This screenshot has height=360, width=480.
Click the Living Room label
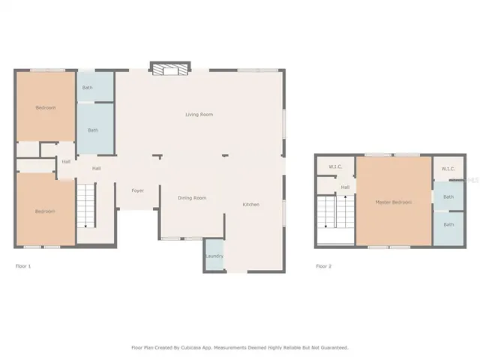tap(199, 115)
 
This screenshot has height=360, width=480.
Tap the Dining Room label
tap(192, 198)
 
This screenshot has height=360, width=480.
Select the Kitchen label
tap(250, 205)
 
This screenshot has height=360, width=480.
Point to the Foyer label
tap(138, 190)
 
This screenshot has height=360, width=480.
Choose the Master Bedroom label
tap(393, 202)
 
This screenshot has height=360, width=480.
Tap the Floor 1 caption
tap(23, 266)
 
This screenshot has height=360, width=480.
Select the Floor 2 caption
tap(323, 266)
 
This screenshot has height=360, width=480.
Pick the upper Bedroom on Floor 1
tap(46, 108)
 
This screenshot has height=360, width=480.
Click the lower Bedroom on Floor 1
tap(45, 211)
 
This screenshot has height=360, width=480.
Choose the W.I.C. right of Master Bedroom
tap(448, 169)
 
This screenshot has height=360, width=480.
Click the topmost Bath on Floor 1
tap(87, 88)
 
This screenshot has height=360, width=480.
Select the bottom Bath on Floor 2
tap(448, 225)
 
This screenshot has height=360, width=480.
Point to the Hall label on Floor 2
tap(345, 187)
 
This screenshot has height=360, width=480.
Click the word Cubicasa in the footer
tap(195, 348)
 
